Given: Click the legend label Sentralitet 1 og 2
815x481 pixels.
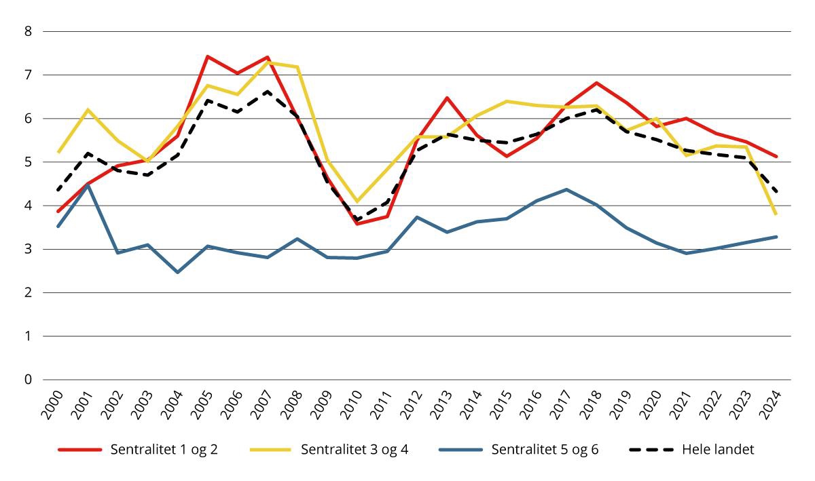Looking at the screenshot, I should click(x=163, y=450).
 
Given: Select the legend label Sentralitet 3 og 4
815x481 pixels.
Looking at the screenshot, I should click(x=353, y=450).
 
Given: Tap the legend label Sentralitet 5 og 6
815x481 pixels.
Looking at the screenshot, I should click(x=545, y=450).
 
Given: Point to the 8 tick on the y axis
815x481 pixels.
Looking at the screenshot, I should click(x=28, y=31).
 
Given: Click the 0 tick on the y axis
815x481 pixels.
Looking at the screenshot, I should click(x=28, y=380).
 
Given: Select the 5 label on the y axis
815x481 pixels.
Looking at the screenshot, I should click(x=28, y=162).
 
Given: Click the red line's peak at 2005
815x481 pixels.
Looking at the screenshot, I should click(x=207, y=56).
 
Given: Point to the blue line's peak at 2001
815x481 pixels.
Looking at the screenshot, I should click(x=88, y=185).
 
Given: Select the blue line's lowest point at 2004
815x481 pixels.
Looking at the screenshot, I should click(x=177, y=272).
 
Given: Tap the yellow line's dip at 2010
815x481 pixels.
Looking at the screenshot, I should click(x=357, y=201).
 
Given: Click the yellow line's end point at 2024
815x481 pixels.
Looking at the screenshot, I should click(x=776, y=214).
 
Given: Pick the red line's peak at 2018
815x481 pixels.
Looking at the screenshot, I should click(x=596, y=83).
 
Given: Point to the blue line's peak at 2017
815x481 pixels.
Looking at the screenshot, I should click(x=566, y=189).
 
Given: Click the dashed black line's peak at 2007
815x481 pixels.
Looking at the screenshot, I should click(x=267, y=91).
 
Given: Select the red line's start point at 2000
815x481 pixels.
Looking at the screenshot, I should click(x=58, y=211).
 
